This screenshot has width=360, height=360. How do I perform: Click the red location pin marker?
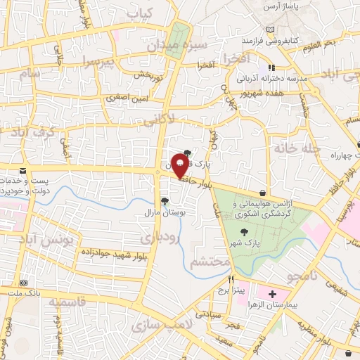pos(180,167)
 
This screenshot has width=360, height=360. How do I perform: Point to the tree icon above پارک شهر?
pos(244,231)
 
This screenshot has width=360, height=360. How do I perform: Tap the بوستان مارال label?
pos(164,212)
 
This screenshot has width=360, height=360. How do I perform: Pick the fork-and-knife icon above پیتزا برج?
pos(230,278)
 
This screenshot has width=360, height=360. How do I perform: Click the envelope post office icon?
pos(23,171)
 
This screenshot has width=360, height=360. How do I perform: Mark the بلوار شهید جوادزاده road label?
pos(93,252)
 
